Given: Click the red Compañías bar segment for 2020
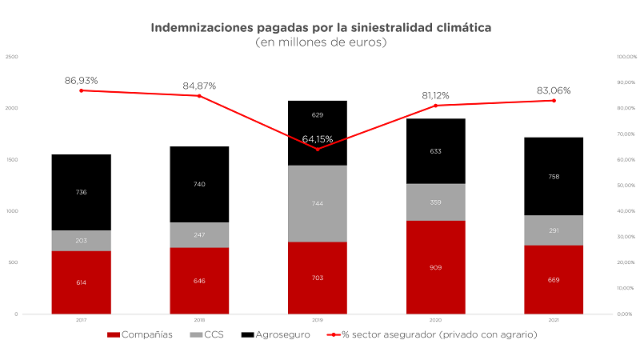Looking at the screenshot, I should click(435, 267).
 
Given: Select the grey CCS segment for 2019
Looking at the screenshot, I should click(317, 203).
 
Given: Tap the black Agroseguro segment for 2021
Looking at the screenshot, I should click(553, 176).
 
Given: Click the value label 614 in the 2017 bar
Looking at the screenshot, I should click(81, 283).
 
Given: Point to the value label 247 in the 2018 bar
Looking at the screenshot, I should click(199, 235).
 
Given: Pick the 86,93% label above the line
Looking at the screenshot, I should click(81, 81).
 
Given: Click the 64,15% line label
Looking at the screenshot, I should click(318, 139).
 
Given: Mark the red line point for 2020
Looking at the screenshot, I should click(435, 106).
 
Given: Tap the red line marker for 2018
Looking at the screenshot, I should click(199, 96).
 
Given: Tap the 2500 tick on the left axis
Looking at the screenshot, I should click(12, 57).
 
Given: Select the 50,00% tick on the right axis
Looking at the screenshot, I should click(603, 186).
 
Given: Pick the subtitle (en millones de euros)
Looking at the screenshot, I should click(320, 42).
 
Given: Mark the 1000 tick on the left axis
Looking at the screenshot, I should click(12, 211).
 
